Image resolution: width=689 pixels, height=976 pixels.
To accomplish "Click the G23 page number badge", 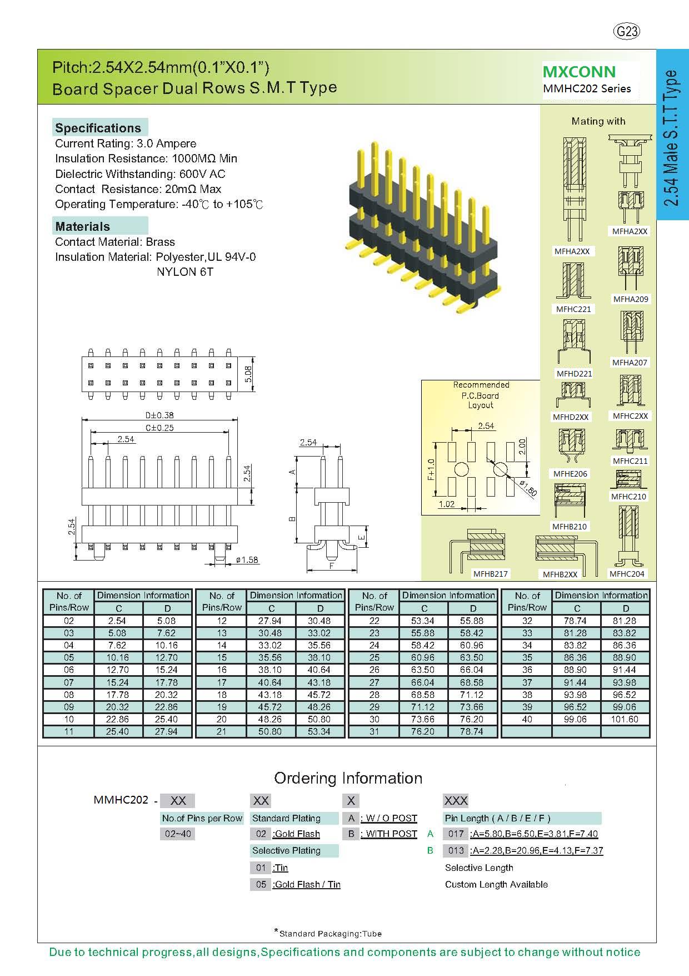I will click(x=627, y=32).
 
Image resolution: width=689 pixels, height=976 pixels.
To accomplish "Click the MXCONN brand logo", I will click(x=579, y=72).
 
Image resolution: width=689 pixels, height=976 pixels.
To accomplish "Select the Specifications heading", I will click(x=98, y=128).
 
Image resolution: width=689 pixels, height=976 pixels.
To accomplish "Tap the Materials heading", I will click(x=83, y=226).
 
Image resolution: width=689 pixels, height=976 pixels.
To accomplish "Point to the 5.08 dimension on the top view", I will click(x=249, y=373).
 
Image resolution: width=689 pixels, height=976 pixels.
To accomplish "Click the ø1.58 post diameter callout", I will click(x=247, y=560).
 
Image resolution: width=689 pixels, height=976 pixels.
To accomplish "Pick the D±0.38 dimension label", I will click(x=159, y=415).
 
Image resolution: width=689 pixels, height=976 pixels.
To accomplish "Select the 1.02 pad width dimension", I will click(x=446, y=504).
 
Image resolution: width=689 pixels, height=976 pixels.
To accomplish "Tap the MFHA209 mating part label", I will click(x=630, y=299).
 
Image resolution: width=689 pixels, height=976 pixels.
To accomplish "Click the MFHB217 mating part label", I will click(x=490, y=574).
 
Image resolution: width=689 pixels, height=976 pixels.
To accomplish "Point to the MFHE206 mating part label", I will click(x=570, y=474).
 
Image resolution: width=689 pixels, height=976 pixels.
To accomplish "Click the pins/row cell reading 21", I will click(x=222, y=731).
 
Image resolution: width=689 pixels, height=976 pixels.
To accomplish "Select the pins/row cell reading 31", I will click(x=375, y=731).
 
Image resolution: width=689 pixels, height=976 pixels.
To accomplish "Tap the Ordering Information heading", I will click(x=348, y=778).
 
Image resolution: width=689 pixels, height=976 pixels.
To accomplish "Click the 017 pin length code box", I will click(x=456, y=834).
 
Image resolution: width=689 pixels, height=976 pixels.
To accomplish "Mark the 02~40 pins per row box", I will click(x=178, y=834).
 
